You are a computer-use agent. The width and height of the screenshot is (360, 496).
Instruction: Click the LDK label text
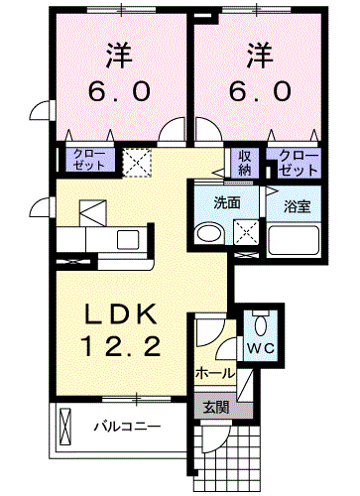point(121,313)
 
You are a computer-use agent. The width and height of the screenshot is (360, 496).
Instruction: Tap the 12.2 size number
point(121,346)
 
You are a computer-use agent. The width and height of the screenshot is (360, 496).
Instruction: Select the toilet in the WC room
point(261,324)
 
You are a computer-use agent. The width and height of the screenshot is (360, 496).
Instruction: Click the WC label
point(261,348)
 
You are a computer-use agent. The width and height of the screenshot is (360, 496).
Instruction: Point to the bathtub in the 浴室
point(294,240)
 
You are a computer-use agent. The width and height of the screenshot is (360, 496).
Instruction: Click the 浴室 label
point(297,206)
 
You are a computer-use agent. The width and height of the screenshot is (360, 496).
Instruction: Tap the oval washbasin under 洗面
point(209,234)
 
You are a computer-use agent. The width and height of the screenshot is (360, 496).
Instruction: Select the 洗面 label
point(227,203)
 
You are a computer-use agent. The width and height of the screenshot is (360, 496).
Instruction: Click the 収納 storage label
point(245,164)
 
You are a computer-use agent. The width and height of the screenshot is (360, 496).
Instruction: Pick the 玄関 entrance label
point(216,408)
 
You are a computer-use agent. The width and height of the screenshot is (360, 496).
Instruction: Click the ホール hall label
point(215,374)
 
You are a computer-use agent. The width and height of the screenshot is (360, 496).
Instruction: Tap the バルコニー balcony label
point(128,427)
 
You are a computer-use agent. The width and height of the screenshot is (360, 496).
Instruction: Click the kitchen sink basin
point(128,240)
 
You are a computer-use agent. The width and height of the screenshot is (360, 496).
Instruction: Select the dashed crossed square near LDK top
point(137,163)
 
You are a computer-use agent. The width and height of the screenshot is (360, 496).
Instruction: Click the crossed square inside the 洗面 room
point(246,232)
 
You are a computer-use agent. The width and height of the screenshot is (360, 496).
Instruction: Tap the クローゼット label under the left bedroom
point(89,160)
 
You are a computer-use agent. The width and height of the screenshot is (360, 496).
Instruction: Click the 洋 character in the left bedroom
point(119,56)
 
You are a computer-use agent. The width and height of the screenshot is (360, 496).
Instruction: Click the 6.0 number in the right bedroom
point(261,91)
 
